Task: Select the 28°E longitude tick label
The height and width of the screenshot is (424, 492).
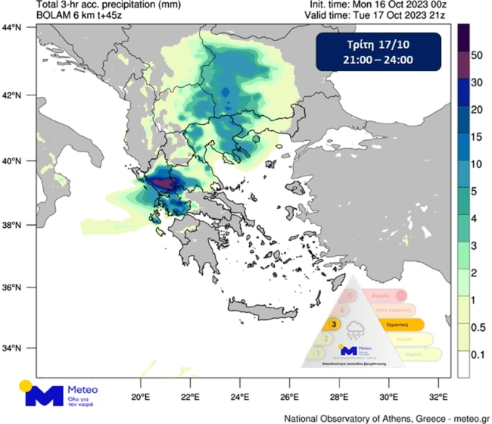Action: click(x=339, y=397)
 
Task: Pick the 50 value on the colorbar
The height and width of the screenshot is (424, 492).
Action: click(x=476, y=56)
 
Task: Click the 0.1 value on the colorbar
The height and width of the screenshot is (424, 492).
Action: click(x=478, y=354)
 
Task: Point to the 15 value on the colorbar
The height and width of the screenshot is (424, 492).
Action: click(x=476, y=138)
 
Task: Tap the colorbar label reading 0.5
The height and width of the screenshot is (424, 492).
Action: click(x=478, y=329)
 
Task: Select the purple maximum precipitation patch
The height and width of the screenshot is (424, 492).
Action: click(x=163, y=182)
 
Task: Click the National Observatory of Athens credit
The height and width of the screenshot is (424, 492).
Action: click(x=387, y=417)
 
